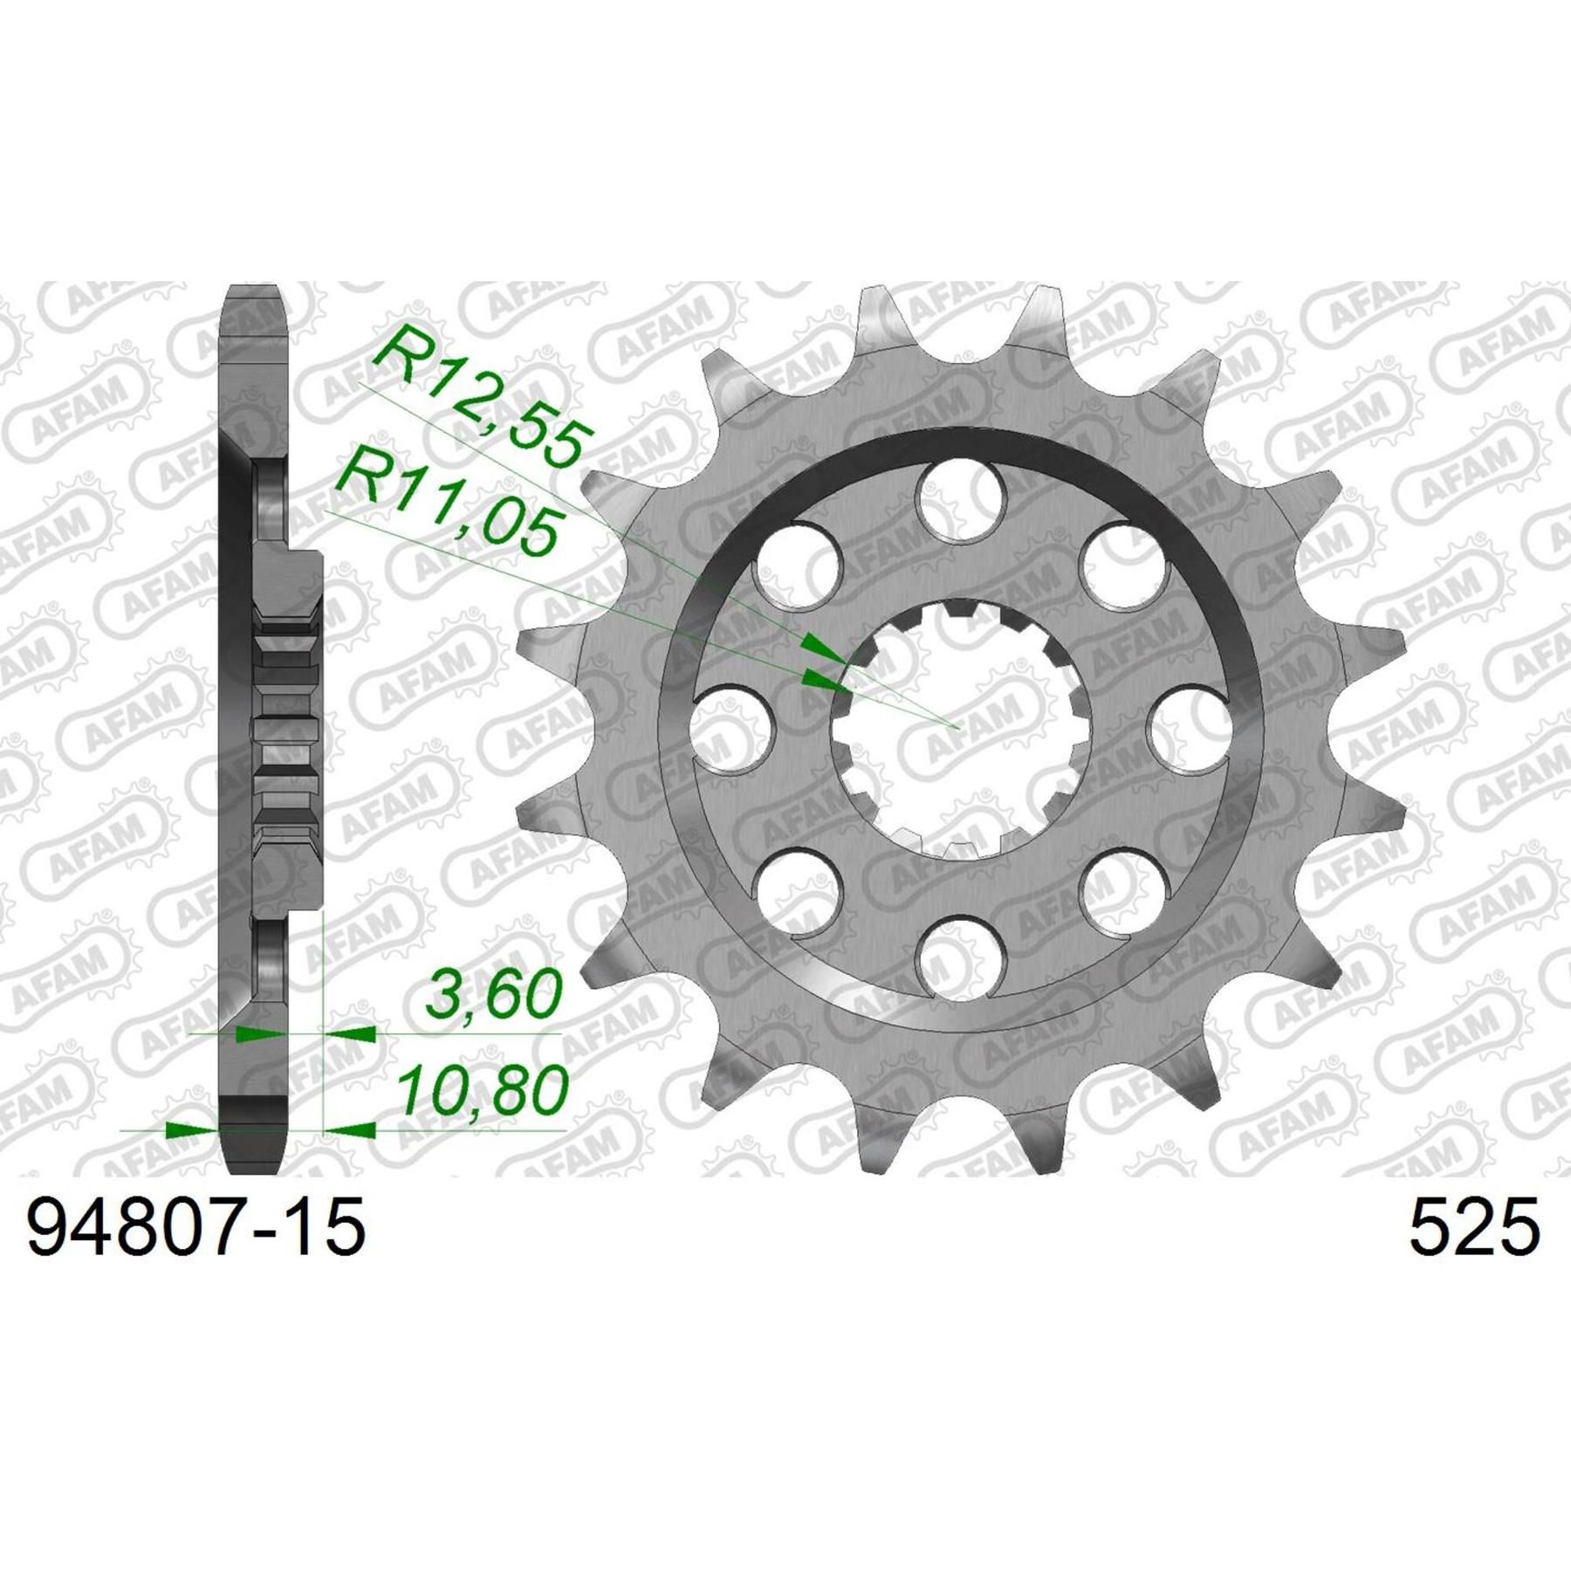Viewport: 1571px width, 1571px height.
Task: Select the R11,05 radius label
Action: pyautogui.click(x=448, y=504)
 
